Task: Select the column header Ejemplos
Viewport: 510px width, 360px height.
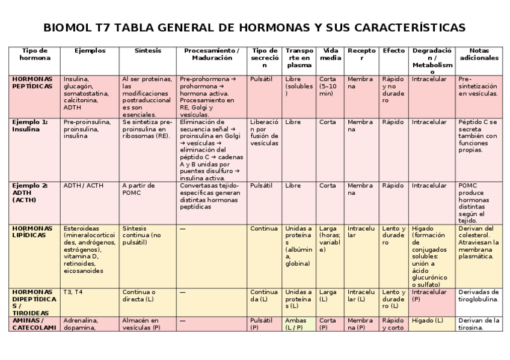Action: tap(90, 51)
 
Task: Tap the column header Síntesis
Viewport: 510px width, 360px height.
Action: tap(147, 51)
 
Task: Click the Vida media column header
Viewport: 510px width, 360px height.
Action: tap(330, 54)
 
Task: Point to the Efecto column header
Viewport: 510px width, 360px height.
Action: tap(394, 51)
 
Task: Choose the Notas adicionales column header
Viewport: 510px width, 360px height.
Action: tap(479, 54)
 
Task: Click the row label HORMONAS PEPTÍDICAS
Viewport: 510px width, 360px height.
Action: tap(32, 82)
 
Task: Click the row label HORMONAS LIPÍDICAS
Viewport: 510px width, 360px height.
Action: tap(32, 232)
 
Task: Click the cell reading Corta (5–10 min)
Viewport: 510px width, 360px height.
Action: tap(329, 86)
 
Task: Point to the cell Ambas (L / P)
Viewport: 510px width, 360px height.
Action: tap(299, 324)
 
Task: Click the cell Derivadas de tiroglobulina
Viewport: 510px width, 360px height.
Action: tap(478, 295)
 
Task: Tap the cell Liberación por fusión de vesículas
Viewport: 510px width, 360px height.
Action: tap(264, 132)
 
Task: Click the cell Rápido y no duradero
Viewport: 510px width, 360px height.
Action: tap(393, 90)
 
